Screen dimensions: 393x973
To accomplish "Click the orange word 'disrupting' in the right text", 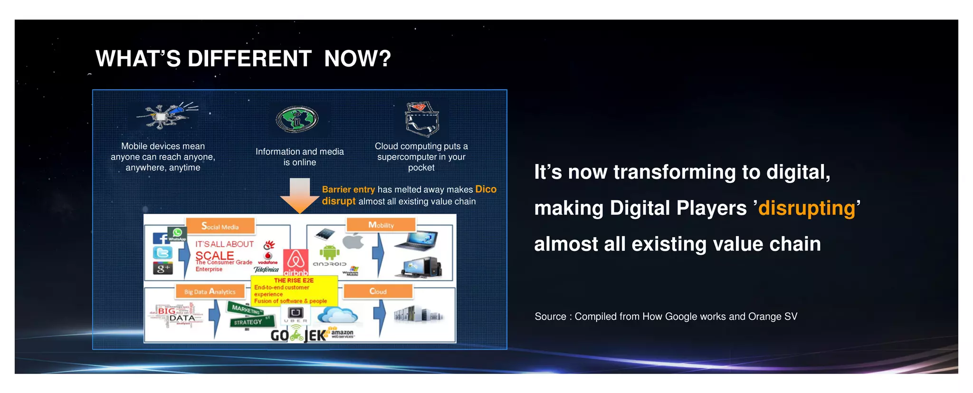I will click(x=807, y=208).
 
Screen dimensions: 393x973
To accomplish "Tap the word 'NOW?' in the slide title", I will click(x=357, y=59).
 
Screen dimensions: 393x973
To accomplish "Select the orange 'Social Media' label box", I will click(x=220, y=227).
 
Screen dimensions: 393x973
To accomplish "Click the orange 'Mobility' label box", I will click(x=381, y=225).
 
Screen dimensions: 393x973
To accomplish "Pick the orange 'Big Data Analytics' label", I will click(x=210, y=291).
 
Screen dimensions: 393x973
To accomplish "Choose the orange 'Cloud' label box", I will click(x=378, y=291).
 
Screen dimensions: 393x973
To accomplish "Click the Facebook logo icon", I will click(x=161, y=239).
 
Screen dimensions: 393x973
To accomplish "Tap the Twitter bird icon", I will click(x=162, y=253).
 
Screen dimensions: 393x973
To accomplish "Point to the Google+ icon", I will click(x=162, y=268).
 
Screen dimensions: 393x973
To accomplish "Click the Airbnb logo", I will click(x=296, y=262).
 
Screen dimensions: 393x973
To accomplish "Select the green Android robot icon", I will click(x=329, y=252).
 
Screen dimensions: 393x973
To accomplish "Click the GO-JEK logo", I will click(x=298, y=335).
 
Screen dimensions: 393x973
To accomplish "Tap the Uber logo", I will click(x=296, y=314).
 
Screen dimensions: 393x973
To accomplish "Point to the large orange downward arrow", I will click(x=299, y=195).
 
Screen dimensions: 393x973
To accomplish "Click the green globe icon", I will click(x=297, y=119).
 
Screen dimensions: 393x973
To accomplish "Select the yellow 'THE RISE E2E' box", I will click(x=294, y=290).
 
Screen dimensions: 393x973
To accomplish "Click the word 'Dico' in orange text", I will click(x=486, y=189).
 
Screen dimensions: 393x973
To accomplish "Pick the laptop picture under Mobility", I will click(x=415, y=240).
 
